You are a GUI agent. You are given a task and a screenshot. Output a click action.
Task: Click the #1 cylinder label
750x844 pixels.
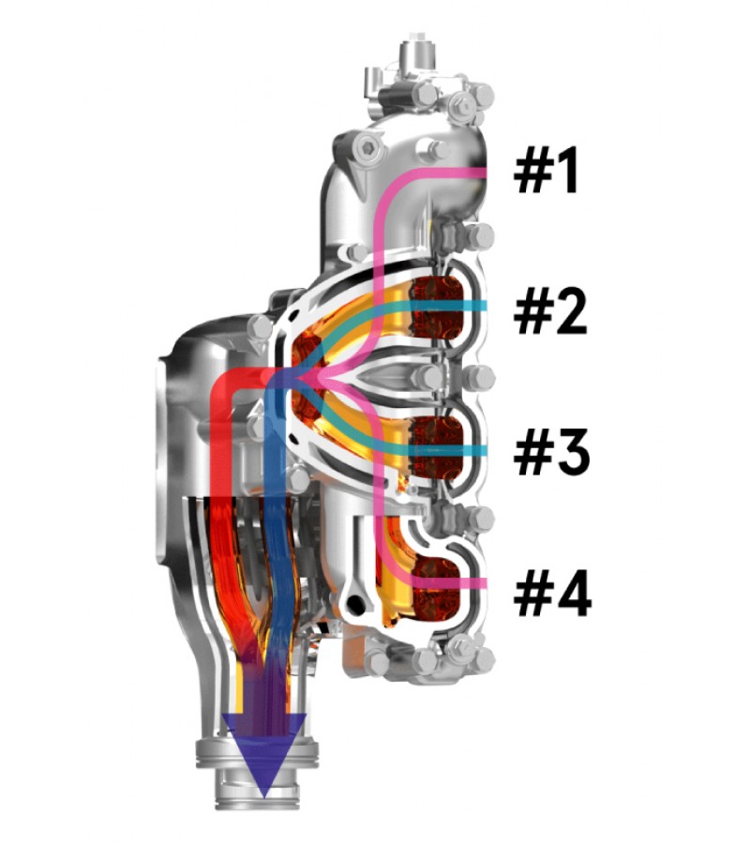tap(546, 170)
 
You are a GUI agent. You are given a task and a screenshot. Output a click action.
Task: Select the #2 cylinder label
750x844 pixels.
tap(550, 311)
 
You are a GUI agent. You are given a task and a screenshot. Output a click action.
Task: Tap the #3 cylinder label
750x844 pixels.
tap(551, 452)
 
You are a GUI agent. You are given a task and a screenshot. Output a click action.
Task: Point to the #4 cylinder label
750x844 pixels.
tap(552, 594)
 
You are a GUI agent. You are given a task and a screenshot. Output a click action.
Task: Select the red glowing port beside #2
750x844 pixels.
tap(436, 307)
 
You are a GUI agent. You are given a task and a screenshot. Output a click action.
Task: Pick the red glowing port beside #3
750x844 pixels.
tap(437, 446)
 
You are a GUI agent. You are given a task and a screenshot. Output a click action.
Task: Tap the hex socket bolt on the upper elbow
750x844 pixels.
tap(368, 146)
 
